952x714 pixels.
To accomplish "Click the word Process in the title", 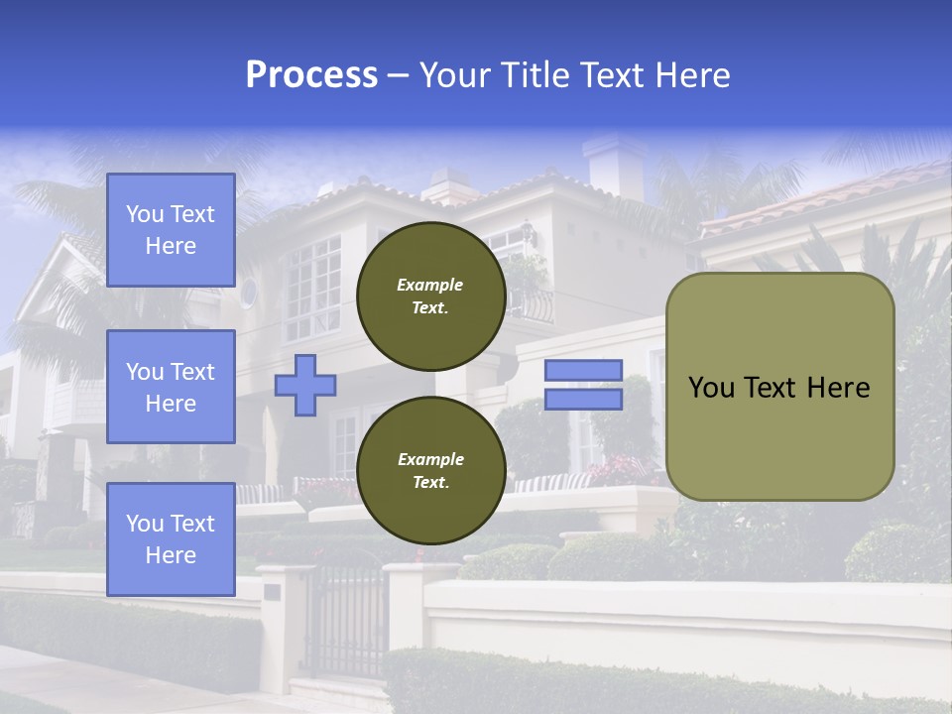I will [x=311, y=75].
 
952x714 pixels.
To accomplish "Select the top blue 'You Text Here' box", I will [x=171, y=230].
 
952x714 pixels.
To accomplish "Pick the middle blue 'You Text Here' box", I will [x=171, y=387].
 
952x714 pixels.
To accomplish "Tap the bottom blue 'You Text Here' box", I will [x=171, y=538].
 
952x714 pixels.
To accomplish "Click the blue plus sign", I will [x=305, y=385].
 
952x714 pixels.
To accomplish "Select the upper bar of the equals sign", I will [x=583, y=370].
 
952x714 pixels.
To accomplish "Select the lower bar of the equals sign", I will [x=583, y=400].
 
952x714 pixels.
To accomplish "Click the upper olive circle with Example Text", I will [x=430, y=296].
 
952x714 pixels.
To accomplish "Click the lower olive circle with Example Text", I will [x=430, y=470].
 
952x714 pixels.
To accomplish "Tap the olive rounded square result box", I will [x=779, y=387].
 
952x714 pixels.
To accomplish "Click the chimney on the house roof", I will [x=614, y=165].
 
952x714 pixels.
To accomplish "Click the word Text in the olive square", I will [x=777, y=388].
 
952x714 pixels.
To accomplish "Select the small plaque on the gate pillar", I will [x=272, y=592].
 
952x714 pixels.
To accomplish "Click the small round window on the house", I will [x=248, y=293].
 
